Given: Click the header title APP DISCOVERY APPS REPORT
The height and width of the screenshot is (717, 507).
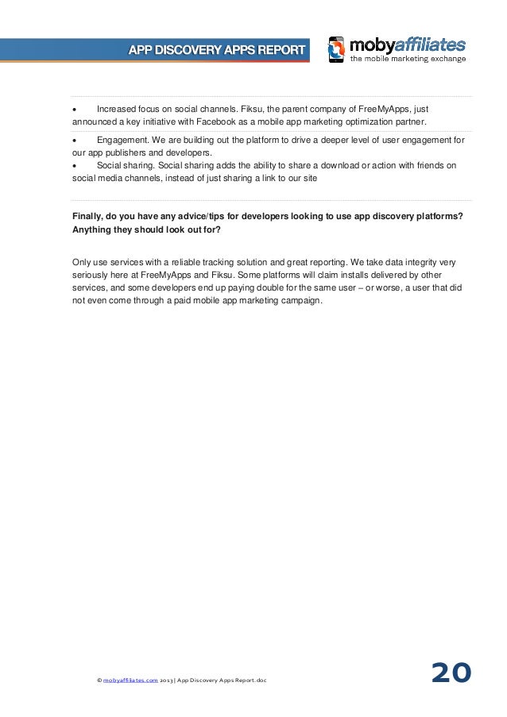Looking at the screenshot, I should pos(217,50).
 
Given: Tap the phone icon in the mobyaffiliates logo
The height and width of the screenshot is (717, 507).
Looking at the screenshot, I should pos(336,49).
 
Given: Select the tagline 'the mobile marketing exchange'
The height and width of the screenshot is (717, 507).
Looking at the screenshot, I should pos(408,59).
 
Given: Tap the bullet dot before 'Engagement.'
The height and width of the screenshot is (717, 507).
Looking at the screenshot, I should pos(74,140).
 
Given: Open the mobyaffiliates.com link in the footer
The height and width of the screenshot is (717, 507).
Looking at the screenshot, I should pos(130,680).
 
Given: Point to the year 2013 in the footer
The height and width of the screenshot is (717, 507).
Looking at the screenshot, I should pos(166,680).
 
